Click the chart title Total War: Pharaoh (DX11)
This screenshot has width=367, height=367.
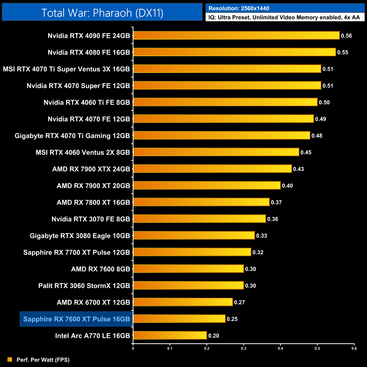[x=102, y=13]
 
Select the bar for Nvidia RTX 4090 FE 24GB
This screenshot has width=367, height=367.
[x=236, y=36]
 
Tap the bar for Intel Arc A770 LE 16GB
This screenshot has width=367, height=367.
[x=170, y=335]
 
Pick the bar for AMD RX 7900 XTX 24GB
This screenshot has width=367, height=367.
[x=212, y=169]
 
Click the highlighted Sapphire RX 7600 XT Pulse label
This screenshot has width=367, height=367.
[x=77, y=319]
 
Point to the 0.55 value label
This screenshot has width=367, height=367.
[x=343, y=53]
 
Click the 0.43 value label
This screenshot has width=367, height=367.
[x=298, y=169]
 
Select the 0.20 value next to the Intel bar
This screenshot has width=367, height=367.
[x=214, y=336]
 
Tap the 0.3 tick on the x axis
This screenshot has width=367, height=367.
[x=244, y=348]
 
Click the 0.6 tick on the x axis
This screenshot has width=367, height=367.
[x=354, y=348]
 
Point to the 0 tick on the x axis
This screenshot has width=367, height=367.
[x=133, y=348]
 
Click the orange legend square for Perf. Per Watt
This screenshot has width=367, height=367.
[x=10, y=359]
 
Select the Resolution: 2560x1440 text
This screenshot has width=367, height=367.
[x=239, y=8]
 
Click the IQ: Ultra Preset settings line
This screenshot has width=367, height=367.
[x=284, y=18]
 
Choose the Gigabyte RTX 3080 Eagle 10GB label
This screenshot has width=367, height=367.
[x=80, y=236]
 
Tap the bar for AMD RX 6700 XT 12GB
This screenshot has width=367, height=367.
[x=183, y=302]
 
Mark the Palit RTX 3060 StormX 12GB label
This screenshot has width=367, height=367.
[x=84, y=286]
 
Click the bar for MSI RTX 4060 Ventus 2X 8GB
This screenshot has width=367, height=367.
[x=216, y=152]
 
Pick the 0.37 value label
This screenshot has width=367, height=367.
[x=276, y=202]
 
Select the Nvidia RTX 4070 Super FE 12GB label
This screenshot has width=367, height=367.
[x=78, y=86]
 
